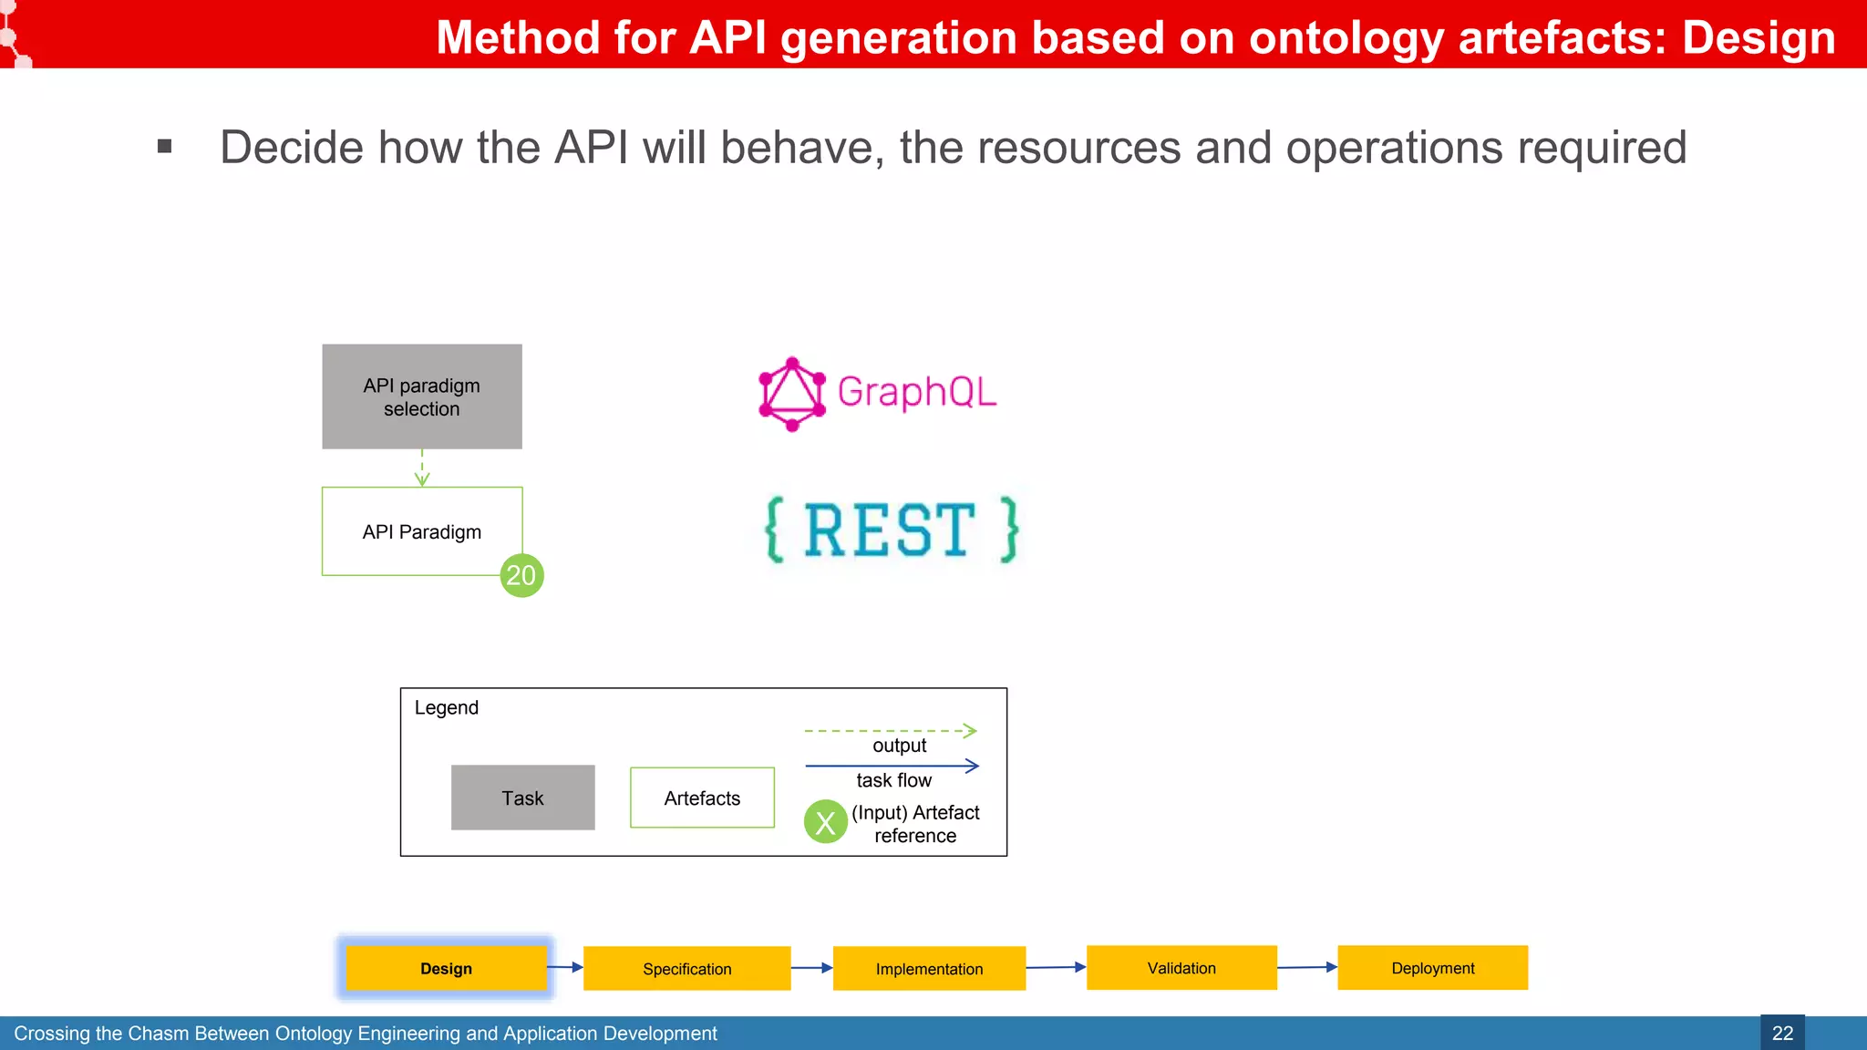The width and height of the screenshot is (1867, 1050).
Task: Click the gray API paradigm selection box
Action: (x=421, y=396)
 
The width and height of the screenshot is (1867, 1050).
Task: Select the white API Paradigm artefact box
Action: (x=421, y=531)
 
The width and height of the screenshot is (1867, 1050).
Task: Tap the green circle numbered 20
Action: (x=521, y=575)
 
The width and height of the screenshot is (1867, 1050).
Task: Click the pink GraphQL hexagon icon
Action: (x=791, y=394)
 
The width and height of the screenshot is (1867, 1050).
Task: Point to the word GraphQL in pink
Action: (x=916, y=392)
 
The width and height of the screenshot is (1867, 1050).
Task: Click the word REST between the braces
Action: (x=890, y=530)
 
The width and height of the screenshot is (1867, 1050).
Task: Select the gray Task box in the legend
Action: (x=522, y=798)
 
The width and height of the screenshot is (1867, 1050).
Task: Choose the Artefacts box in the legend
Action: (x=702, y=798)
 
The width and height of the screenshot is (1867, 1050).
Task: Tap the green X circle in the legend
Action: (x=826, y=822)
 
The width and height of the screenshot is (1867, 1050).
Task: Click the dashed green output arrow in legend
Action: (x=890, y=731)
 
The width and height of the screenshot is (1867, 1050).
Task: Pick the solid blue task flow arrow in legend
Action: (x=892, y=766)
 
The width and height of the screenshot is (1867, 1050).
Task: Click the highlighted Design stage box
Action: (x=446, y=968)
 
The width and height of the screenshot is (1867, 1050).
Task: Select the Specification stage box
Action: (x=686, y=968)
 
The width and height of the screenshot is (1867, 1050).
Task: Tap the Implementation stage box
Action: (x=929, y=968)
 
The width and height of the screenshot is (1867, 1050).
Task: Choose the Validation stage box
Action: (x=1181, y=967)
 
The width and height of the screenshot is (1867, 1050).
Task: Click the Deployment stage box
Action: (x=1432, y=967)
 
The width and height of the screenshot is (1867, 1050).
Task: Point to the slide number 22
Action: (x=1782, y=1033)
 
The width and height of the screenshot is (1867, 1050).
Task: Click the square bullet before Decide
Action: (x=165, y=146)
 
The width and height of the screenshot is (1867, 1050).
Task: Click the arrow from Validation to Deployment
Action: (x=1306, y=967)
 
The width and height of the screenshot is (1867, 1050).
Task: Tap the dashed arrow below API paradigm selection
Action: (x=422, y=468)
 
